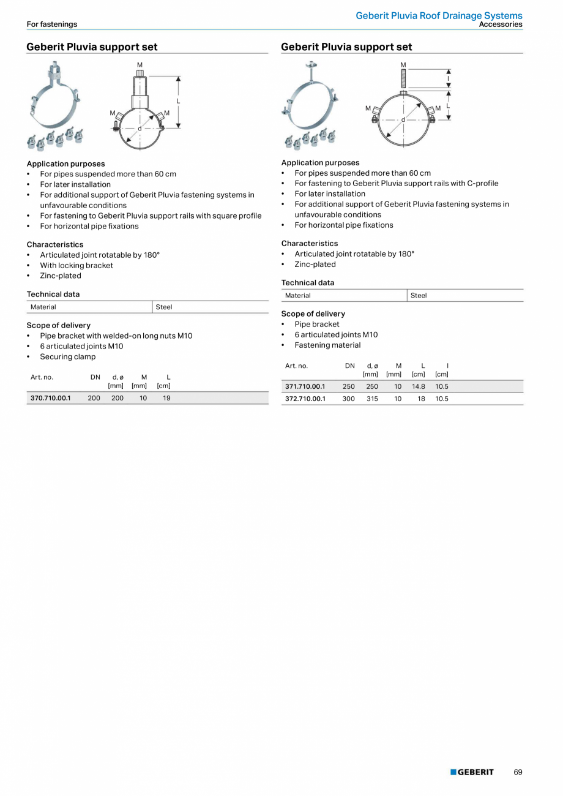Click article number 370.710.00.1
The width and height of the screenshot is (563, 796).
[51, 398]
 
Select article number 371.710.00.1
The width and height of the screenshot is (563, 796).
[305, 386]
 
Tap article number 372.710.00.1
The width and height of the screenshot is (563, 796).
[305, 399]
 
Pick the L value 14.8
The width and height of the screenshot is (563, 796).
[418, 386]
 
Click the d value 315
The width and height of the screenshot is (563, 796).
[372, 399]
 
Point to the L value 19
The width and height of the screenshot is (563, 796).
[166, 398]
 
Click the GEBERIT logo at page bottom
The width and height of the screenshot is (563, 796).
[472, 772]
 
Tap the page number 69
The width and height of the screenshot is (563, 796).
[518, 772]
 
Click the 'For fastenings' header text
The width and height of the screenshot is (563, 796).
[52, 24]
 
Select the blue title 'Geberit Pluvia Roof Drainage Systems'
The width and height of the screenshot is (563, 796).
[439, 15]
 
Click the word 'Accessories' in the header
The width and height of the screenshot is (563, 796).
[501, 24]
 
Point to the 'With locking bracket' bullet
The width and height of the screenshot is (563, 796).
[76, 265]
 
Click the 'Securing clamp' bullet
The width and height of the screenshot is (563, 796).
[68, 356]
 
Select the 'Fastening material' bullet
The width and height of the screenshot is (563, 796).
[327, 345]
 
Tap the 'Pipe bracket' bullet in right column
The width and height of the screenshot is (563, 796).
[317, 324]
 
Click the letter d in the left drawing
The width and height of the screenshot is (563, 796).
[140, 129]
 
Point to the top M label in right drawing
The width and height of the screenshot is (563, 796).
[403, 65]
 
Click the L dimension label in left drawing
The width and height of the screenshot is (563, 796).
[178, 101]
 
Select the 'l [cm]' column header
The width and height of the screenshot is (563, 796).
[442, 370]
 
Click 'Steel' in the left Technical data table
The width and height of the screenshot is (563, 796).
[164, 307]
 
